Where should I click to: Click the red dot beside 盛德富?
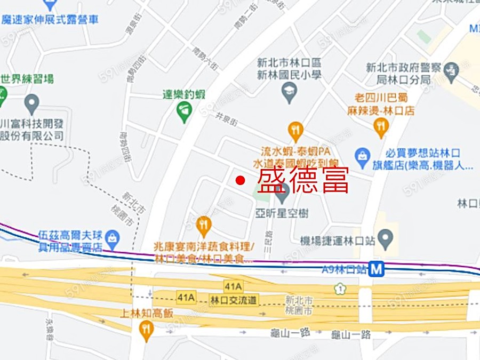tap(240, 180)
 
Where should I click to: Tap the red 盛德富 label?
tap(303, 180)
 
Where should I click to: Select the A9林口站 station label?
tap(345, 269)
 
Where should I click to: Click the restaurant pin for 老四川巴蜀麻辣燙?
tap(380, 126)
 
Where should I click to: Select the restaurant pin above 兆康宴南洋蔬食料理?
tap(203, 225)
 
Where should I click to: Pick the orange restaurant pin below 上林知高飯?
tap(146, 331)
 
